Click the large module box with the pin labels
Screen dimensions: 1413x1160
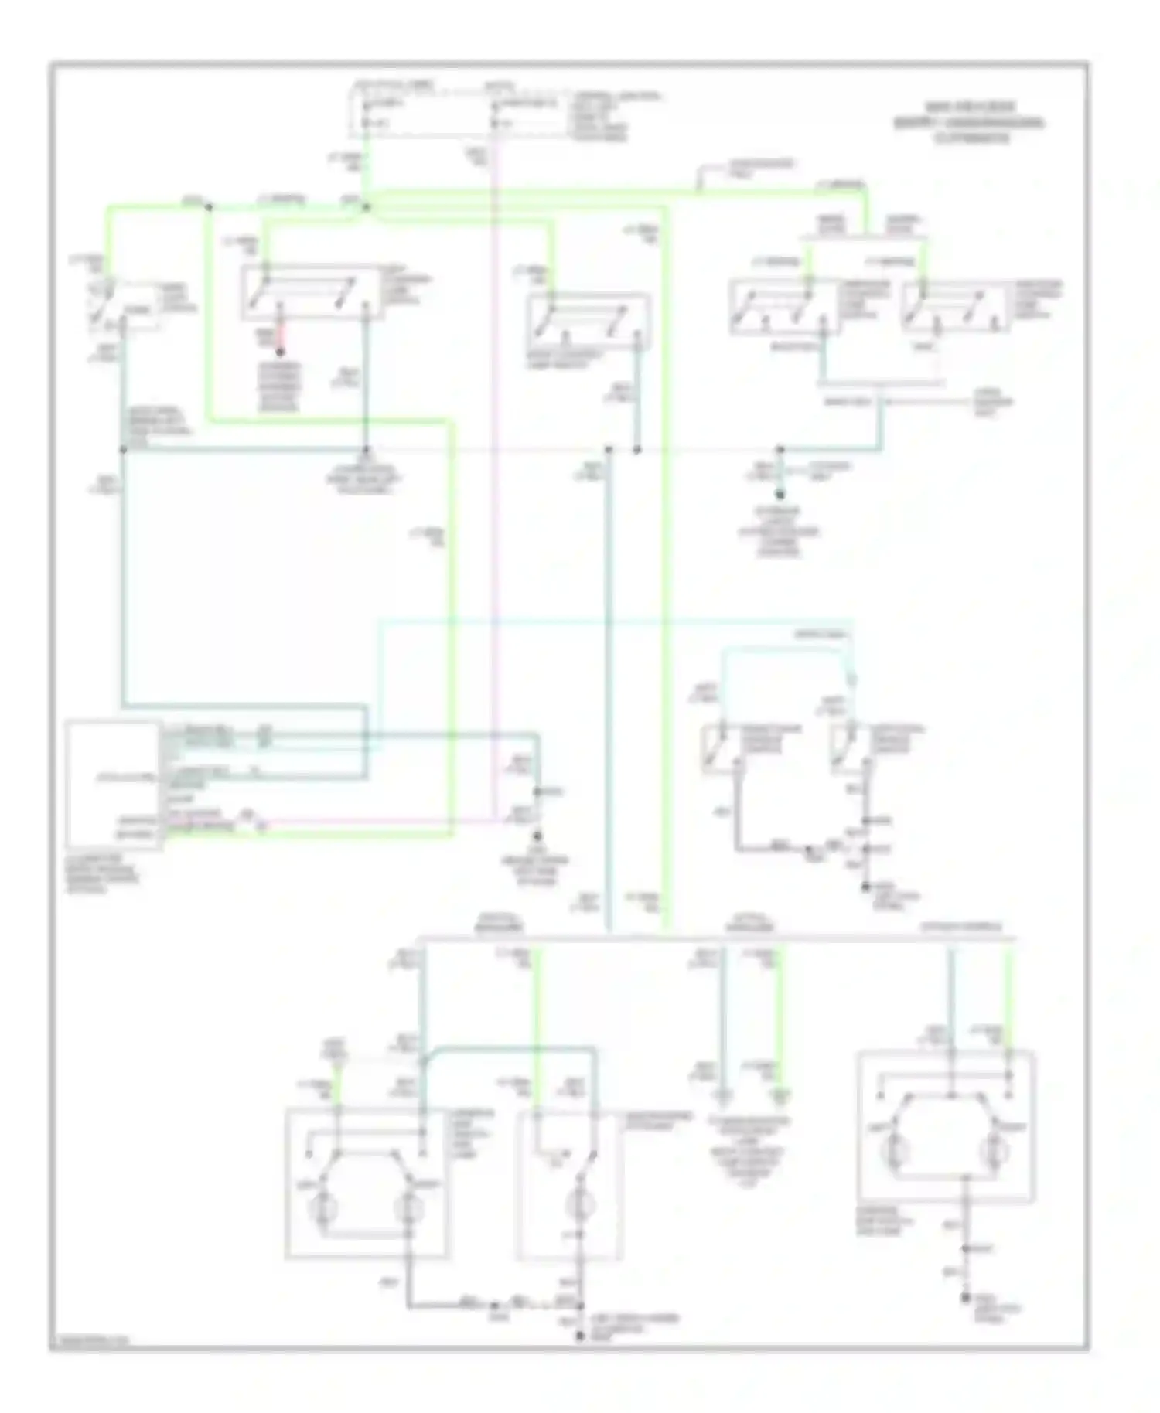point(114,785)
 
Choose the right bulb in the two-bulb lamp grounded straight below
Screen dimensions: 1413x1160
point(992,1153)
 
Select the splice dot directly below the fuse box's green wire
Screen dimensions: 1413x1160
point(367,207)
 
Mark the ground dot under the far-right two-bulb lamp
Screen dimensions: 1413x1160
point(965,1299)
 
